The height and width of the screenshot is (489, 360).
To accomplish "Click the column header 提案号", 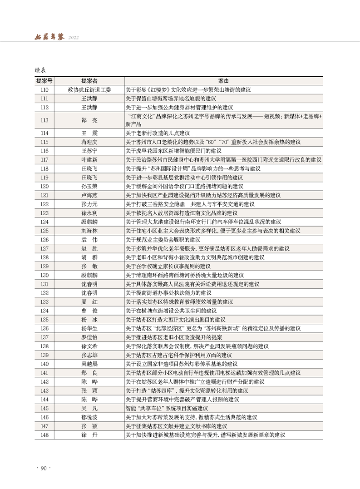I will (44, 81).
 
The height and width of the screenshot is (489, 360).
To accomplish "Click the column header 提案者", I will (89, 81).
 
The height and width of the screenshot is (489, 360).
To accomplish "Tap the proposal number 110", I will (44, 90).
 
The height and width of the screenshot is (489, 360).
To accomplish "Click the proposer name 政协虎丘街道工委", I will (89, 90).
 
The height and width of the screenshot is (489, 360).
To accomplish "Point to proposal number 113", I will (44, 120).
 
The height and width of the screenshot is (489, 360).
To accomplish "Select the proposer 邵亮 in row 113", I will (89, 120).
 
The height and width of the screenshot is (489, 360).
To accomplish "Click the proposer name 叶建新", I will (89, 160).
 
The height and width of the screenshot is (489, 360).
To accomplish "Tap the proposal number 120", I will (44, 186).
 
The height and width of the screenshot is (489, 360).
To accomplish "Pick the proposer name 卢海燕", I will (89, 195).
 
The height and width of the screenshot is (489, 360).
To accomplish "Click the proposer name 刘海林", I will (89, 231).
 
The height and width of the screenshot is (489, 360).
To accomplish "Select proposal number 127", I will (44, 248).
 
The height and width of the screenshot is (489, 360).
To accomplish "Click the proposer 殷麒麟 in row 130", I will (89, 275).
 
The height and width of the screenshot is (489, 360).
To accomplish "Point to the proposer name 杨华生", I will (89, 328).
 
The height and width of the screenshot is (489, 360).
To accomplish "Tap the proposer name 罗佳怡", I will (89, 337).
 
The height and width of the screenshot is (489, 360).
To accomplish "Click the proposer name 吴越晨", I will (89, 364).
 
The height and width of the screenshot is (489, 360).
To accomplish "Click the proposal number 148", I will (44, 435).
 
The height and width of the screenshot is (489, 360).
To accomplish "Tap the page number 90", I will (44, 468).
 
